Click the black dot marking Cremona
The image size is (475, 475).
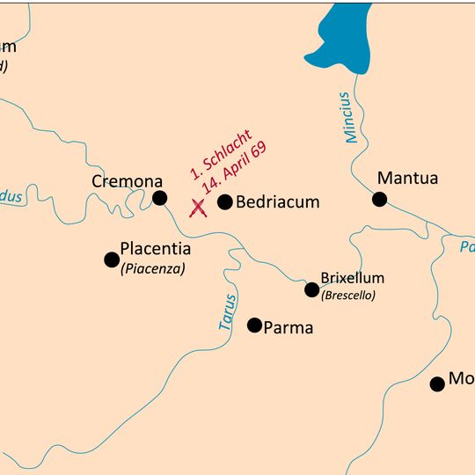pyautogui.click(x=159, y=198)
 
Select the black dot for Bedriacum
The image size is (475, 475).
pyautogui.click(x=224, y=202)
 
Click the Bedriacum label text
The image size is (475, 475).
pyautogui.click(x=279, y=202)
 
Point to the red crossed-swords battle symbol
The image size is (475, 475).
pyautogui.click(x=199, y=208)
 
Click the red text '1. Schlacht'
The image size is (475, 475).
pyautogui.click(x=221, y=155)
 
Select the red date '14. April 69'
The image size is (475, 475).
pyautogui.click(x=233, y=168)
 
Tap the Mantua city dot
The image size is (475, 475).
pyautogui.click(x=379, y=200)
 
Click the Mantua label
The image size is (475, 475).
pyautogui.click(x=407, y=179)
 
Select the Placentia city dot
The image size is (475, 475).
pyautogui.click(x=112, y=259)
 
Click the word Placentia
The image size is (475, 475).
pyautogui.click(x=155, y=250)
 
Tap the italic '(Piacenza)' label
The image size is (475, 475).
pyautogui.click(x=153, y=269)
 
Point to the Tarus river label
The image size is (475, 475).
pyautogui.click(x=227, y=312)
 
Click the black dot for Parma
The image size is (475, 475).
pyautogui.click(x=254, y=325)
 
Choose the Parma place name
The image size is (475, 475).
pyautogui.click(x=289, y=328)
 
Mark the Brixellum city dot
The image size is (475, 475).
pyautogui.click(x=311, y=289)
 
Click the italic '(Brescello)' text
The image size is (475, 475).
pyautogui.click(x=348, y=296)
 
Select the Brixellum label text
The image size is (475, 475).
pyautogui.click(x=352, y=278)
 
